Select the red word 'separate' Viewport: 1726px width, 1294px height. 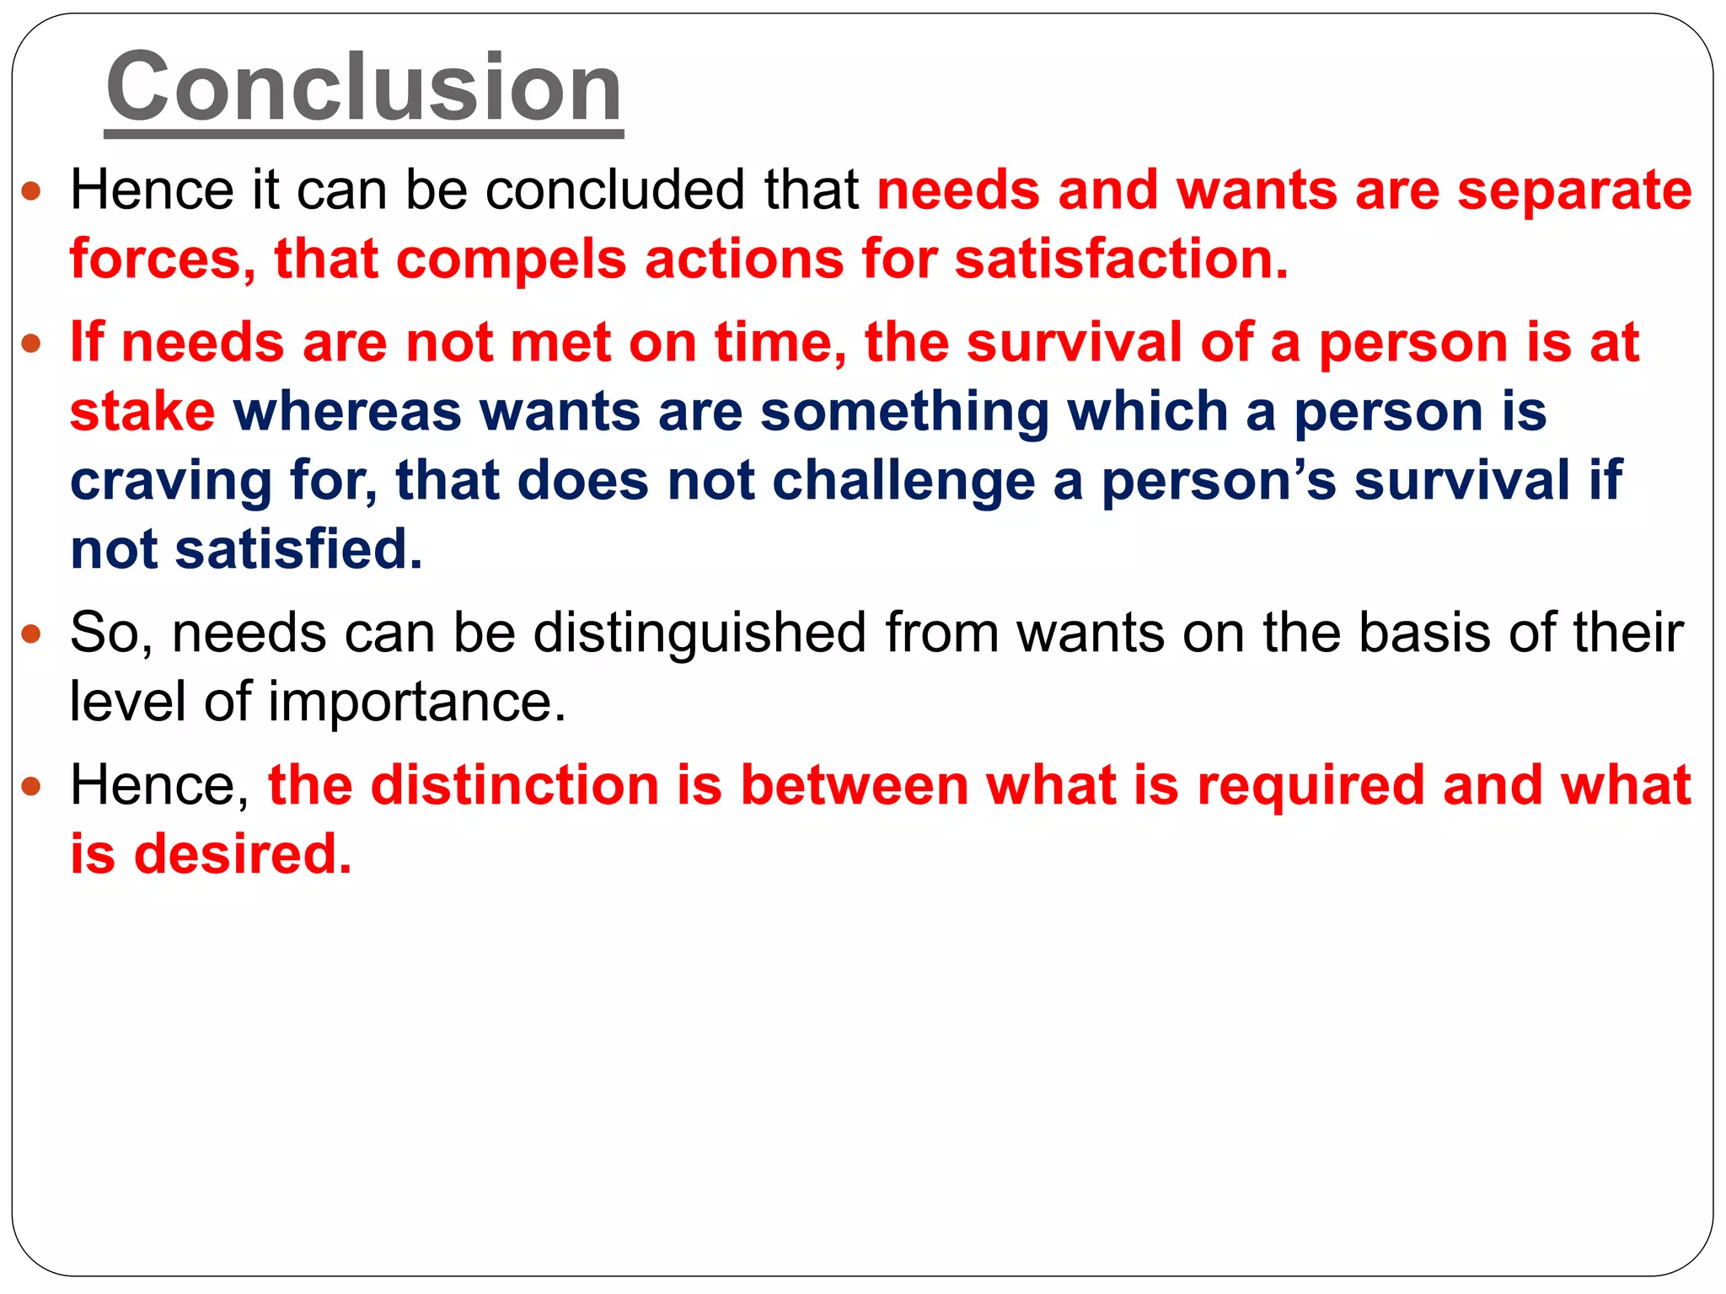tap(1574, 191)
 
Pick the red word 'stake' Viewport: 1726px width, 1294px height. tap(142, 412)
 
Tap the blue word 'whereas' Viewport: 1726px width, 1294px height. tap(347, 412)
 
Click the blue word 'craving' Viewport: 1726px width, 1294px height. tap(171, 482)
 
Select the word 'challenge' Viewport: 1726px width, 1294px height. tap(903, 482)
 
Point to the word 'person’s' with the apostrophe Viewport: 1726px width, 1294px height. tap(1219, 482)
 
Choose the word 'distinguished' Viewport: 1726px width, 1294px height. tap(700, 633)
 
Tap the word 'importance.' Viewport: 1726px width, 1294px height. tap(417, 702)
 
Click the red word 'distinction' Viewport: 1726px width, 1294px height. tap(514, 785)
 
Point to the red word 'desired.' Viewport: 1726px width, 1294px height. tap(243, 854)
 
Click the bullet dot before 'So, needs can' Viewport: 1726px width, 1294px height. tap(31, 634)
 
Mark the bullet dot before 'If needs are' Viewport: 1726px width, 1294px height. tap(31, 344)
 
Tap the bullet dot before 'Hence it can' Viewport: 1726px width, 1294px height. tap(31, 190)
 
